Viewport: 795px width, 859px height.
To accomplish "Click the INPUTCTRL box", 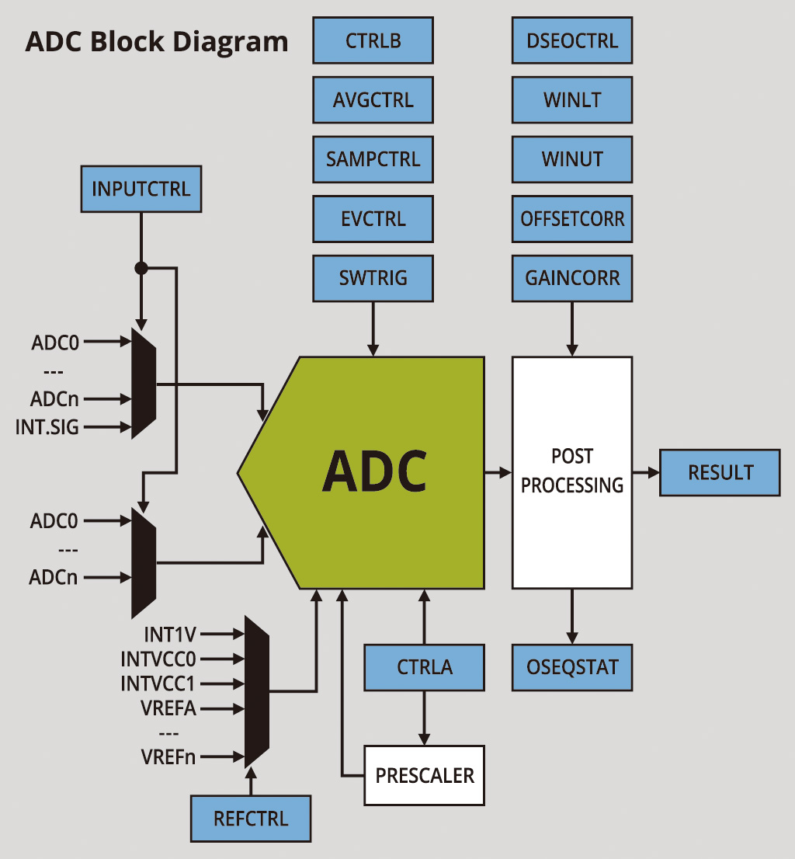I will pos(141,189).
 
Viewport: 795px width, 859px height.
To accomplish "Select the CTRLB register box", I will pos(373,40).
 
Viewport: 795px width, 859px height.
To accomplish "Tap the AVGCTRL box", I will pos(373,100).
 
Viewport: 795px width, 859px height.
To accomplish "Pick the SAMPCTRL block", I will pos(373,159).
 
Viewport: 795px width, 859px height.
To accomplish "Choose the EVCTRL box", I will pos(373,219).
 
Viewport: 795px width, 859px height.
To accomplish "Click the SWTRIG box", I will pos(373,278).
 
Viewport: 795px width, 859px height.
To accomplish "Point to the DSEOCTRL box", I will pos(572,40).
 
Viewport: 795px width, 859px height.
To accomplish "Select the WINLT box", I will pos(572,100).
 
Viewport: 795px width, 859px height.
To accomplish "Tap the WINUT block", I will pos(572,159).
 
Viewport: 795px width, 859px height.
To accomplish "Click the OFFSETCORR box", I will pos(572,219).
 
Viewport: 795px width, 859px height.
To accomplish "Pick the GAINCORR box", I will pos(572,278).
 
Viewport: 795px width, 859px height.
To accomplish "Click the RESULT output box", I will pos(720,472).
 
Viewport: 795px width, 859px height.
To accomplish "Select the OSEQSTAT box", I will pos(572,667).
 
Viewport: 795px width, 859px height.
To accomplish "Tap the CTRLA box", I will pos(425,667).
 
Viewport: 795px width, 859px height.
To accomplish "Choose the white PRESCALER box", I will pos(425,775).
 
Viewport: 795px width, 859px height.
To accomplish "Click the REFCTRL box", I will pos(251,819).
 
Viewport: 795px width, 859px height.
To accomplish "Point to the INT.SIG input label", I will pos(47,426).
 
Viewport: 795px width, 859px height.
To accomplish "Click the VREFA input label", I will pos(168,708).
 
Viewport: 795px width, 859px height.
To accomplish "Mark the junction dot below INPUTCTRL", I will pos(141,268).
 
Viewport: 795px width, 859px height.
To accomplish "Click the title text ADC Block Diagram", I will pos(157,41).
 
